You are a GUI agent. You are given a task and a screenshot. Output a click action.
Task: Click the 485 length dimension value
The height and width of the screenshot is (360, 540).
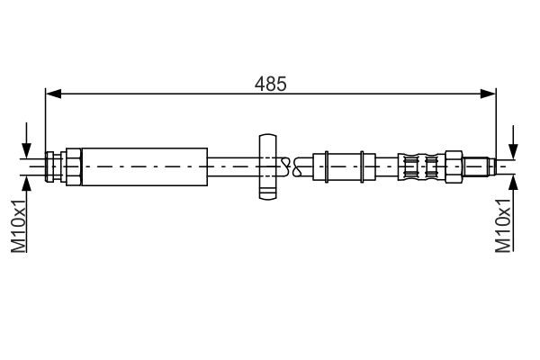click(x=271, y=84)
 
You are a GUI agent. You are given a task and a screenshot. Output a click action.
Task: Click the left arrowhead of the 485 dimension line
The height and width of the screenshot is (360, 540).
click(x=52, y=93)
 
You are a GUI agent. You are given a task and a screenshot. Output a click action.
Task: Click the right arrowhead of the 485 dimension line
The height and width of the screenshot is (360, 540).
click(x=490, y=93)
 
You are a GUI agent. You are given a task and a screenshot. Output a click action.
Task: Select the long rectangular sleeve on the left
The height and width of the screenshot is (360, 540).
click(x=145, y=165)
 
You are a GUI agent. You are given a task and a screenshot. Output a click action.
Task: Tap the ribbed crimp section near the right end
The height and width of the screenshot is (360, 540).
click(x=423, y=165)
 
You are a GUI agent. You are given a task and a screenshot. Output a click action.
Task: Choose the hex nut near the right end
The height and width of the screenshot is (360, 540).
click(x=457, y=165)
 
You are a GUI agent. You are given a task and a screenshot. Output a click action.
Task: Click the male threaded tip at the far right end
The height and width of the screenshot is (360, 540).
click(x=481, y=165)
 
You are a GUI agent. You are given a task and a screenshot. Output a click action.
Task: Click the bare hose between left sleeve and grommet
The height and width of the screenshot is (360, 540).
click(x=232, y=165)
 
